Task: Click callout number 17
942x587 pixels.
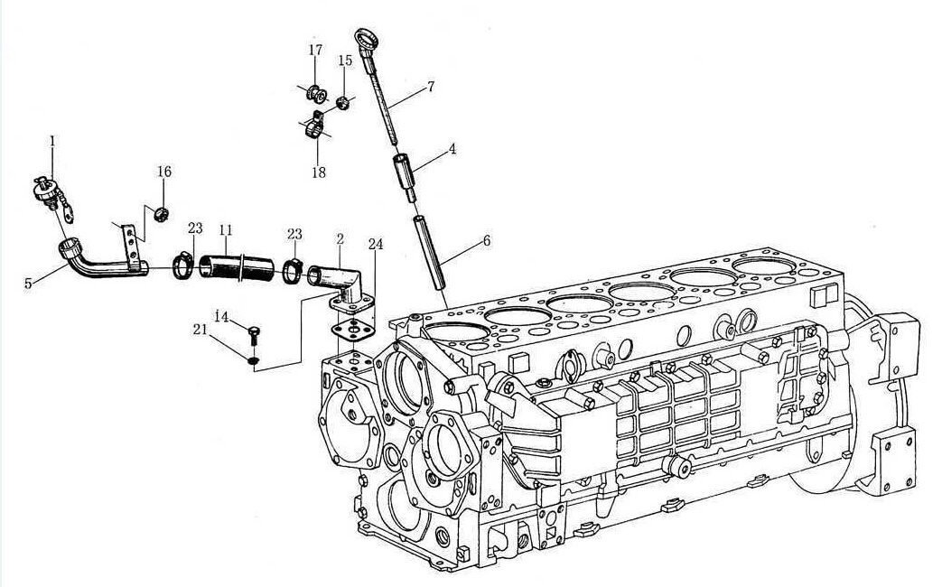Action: (315, 50)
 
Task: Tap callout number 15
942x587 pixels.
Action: (345, 61)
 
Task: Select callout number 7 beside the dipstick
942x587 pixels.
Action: (431, 87)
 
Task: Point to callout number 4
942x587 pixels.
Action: (452, 148)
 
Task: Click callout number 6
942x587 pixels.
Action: (487, 241)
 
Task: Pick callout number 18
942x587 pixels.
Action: (319, 172)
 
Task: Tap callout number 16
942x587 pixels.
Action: (164, 172)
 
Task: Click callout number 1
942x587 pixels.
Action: (52, 141)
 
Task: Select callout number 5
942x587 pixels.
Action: (28, 284)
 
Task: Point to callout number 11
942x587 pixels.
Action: (226, 230)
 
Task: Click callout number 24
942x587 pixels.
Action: (376, 244)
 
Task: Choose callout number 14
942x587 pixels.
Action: (221, 317)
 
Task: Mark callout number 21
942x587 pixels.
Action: (201, 330)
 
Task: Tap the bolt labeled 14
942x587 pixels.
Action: (254, 335)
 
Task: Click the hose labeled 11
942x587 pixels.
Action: (236, 268)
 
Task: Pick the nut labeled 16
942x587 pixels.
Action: (160, 213)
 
